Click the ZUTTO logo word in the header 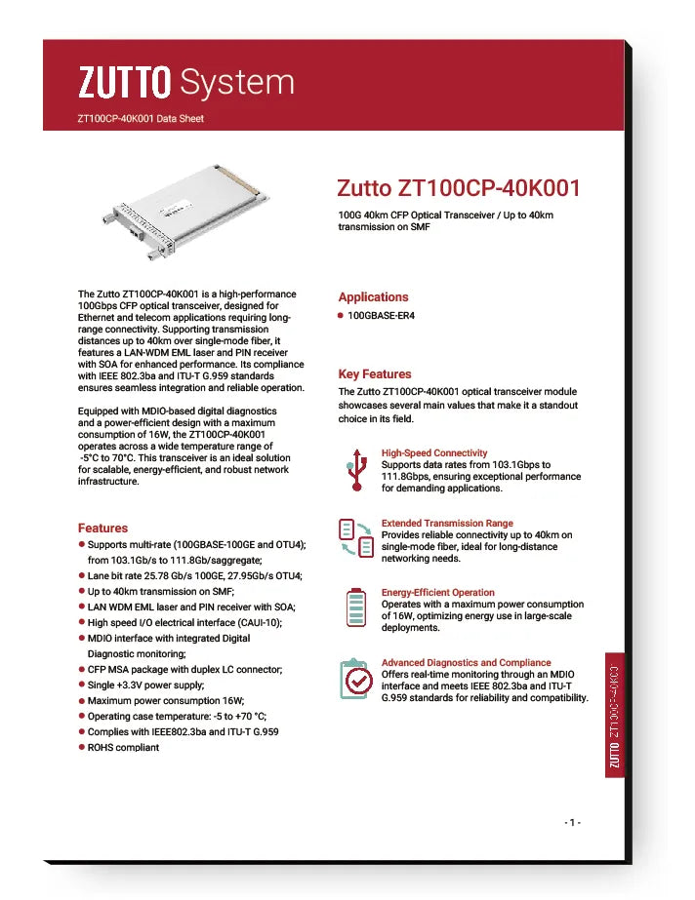pos(125,83)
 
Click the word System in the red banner pos(237,83)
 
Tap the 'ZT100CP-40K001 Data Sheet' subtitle pos(141,119)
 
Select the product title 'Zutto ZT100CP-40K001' pos(459,187)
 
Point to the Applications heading pos(373,297)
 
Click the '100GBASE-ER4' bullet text pos(382,316)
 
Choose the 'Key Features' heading pos(375,374)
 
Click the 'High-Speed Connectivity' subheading pos(434,453)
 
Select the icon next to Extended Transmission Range pos(356,538)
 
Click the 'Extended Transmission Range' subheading pos(447,524)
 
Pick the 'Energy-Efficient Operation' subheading pos(438,593)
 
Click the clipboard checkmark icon pos(355,679)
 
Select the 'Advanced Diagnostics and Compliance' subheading pos(466,663)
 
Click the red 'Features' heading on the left pos(102,528)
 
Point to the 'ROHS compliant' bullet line pos(123,747)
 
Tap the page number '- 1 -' pos(573,823)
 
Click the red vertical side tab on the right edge pos(614,715)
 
